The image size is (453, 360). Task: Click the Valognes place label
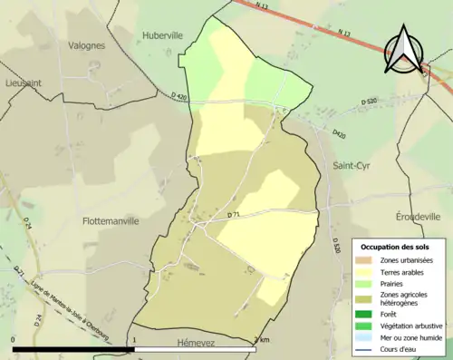tap(87, 44)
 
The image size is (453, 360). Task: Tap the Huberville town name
tap(163, 36)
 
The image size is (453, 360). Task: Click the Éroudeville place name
tap(418, 217)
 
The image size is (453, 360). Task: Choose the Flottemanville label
tap(111, 220)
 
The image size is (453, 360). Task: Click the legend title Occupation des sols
tap(395, 247)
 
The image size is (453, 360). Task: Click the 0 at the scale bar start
tap(14, 341)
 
